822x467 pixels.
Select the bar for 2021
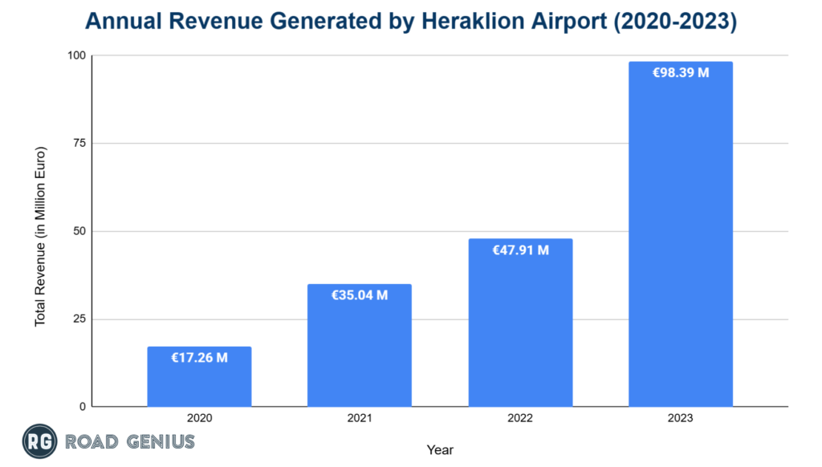click(360, 353)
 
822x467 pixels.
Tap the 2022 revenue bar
click(520, 329)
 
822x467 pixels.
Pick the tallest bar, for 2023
click(681, 241)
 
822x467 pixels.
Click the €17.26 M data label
click(199, 358)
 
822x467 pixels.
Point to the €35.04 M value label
click(360, 295)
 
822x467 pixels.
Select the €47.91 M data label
click(520, 250)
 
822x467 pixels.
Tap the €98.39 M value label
click(681, 72)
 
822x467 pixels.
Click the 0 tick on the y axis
click(83, 407)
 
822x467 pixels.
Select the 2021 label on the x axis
click(360, 418)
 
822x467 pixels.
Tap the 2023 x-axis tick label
click(681, 418)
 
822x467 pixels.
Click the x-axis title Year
click(440, 449)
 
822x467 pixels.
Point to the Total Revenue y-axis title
click(39, 236)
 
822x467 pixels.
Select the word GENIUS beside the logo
click(159, 441)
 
